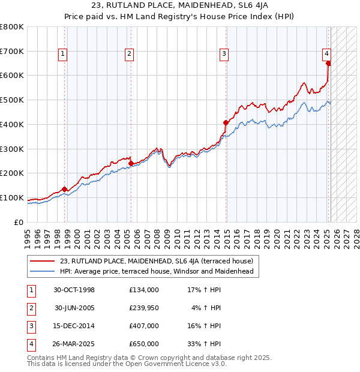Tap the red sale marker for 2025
pos(328,62)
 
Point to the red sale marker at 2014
pos(226,122)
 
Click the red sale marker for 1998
pos(65,189)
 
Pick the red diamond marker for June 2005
pos(131,163)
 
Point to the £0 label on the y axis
pos(18,223)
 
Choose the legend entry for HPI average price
pos(157,272)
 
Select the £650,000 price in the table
pos(143,344)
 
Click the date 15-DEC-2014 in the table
pos(74,326)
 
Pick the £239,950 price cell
pos(143,308)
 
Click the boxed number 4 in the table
pos(31,344)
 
